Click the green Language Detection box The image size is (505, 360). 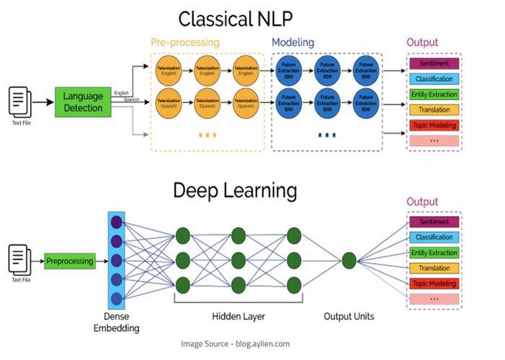[83, 102]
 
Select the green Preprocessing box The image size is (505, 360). [70, 261]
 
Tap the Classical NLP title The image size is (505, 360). [235, 19]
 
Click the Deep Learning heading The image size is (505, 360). [235, 190]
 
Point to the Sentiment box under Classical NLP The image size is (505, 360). [434, 63]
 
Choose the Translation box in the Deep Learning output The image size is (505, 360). [434, 269]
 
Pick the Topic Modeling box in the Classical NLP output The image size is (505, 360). [434, 126]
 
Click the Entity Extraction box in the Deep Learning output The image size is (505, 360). [434, 253]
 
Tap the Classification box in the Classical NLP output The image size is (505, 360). [434, 79]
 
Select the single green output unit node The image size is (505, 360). [349, 260]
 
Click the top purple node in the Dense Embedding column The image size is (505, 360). [117, 222]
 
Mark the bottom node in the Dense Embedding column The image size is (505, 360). [117, 298]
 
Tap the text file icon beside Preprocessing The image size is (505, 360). [21, 260]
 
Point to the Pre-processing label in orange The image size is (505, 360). [185, 43]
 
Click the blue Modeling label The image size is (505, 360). [293, 43]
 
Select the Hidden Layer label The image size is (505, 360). [239, 317]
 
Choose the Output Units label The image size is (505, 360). [349, 317]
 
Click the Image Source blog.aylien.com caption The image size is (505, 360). [235, 344]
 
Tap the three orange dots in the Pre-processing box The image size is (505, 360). [207, 135]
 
